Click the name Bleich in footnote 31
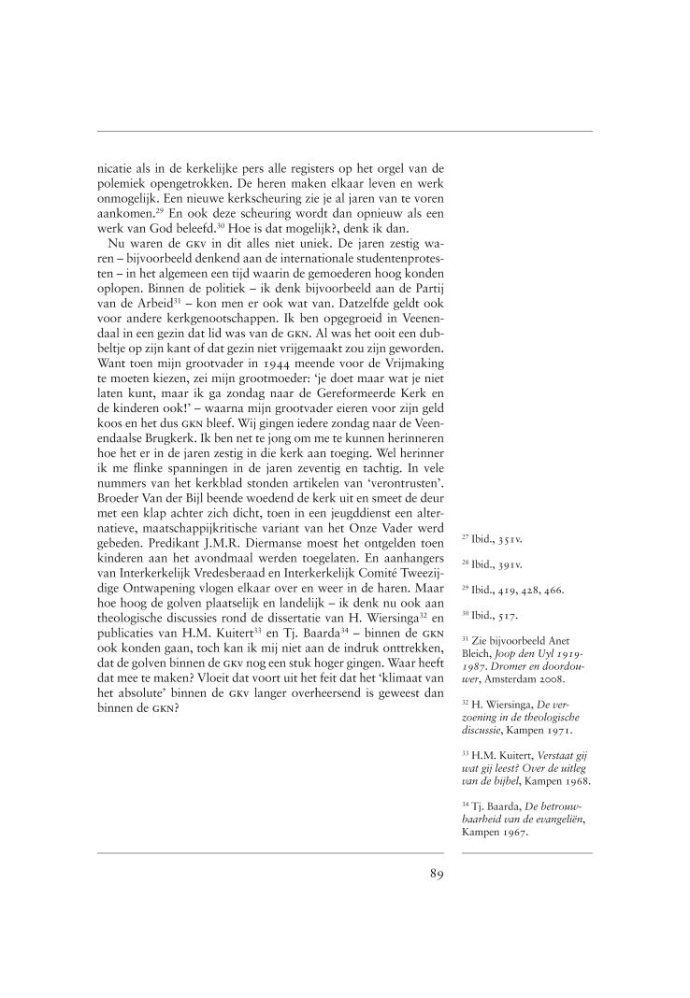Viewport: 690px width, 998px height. point(480,656)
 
